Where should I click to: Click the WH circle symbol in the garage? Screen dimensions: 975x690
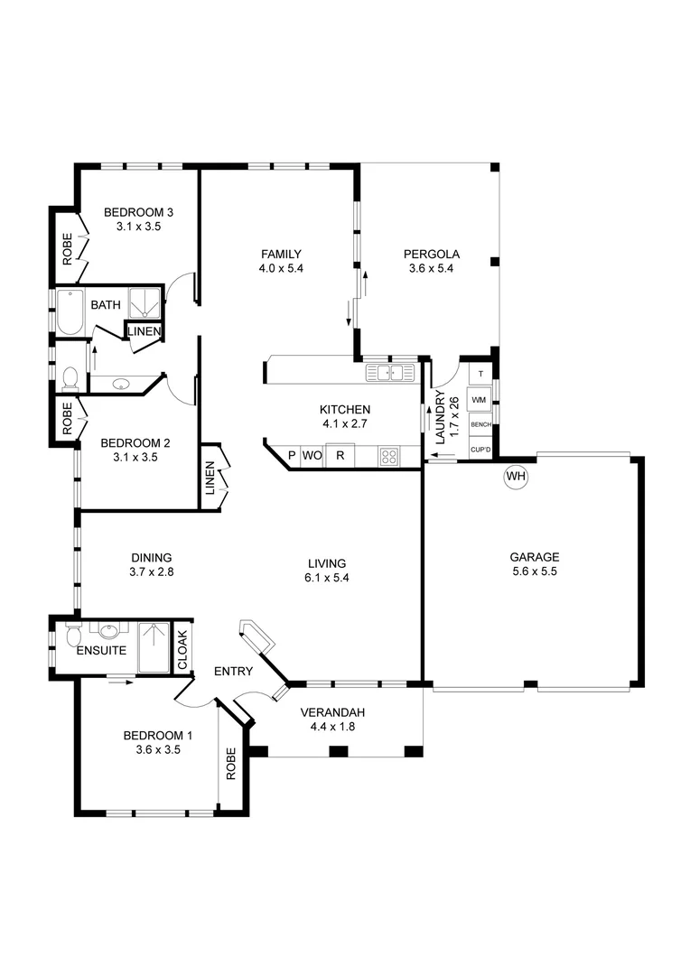tap(516, 476)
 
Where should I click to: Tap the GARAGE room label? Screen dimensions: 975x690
tap(533, 557)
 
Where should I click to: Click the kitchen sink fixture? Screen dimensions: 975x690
tap(390, 372)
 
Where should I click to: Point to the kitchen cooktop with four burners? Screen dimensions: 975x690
tap(388, 456)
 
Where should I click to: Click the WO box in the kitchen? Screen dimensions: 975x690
tap(312, 456)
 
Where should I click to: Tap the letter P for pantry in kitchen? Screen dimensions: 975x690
tap(291, 456)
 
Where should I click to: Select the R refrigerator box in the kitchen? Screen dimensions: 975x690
tap(340, 456)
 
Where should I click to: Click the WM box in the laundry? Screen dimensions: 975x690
tap(480, 399)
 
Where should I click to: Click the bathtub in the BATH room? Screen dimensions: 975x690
tap(70, 311)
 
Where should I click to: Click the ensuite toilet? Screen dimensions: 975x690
tap(71, 636)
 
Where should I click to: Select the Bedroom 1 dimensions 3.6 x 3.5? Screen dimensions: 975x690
tap(159, 748)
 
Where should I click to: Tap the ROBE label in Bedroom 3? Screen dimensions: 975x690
tap(67, 248)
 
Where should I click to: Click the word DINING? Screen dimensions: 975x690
tap(151, 558)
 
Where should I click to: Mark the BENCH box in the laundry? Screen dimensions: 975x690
tap(480, 424)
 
